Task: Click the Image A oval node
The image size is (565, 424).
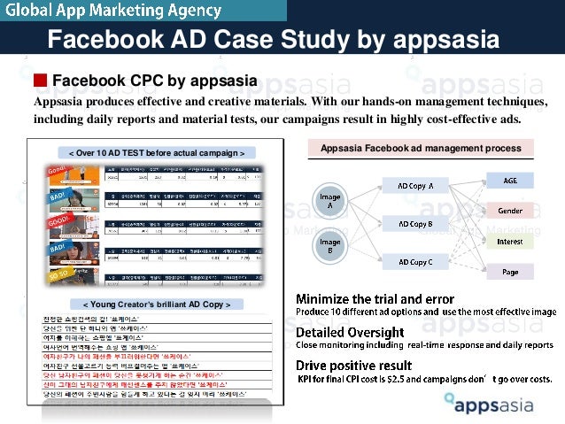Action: (330, 199)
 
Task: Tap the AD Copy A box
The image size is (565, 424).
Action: (415, 186)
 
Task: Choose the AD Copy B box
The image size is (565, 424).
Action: (415, 224)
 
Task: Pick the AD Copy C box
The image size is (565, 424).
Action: (415, 262)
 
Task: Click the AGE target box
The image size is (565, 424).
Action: (510, 181)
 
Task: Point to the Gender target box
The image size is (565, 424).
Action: (510, 212)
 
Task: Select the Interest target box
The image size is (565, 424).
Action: (510, 241)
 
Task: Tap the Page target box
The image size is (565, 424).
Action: (510, 272)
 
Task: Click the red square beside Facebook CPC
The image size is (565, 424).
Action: (41, 81)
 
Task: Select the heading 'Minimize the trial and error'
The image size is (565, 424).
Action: (375, 299)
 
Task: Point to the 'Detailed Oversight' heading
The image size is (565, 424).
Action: (353, 332)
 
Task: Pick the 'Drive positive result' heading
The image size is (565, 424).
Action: (353, 365)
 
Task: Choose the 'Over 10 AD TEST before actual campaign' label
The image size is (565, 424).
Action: (156, 152)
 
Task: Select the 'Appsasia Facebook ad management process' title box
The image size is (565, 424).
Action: (421, 148)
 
